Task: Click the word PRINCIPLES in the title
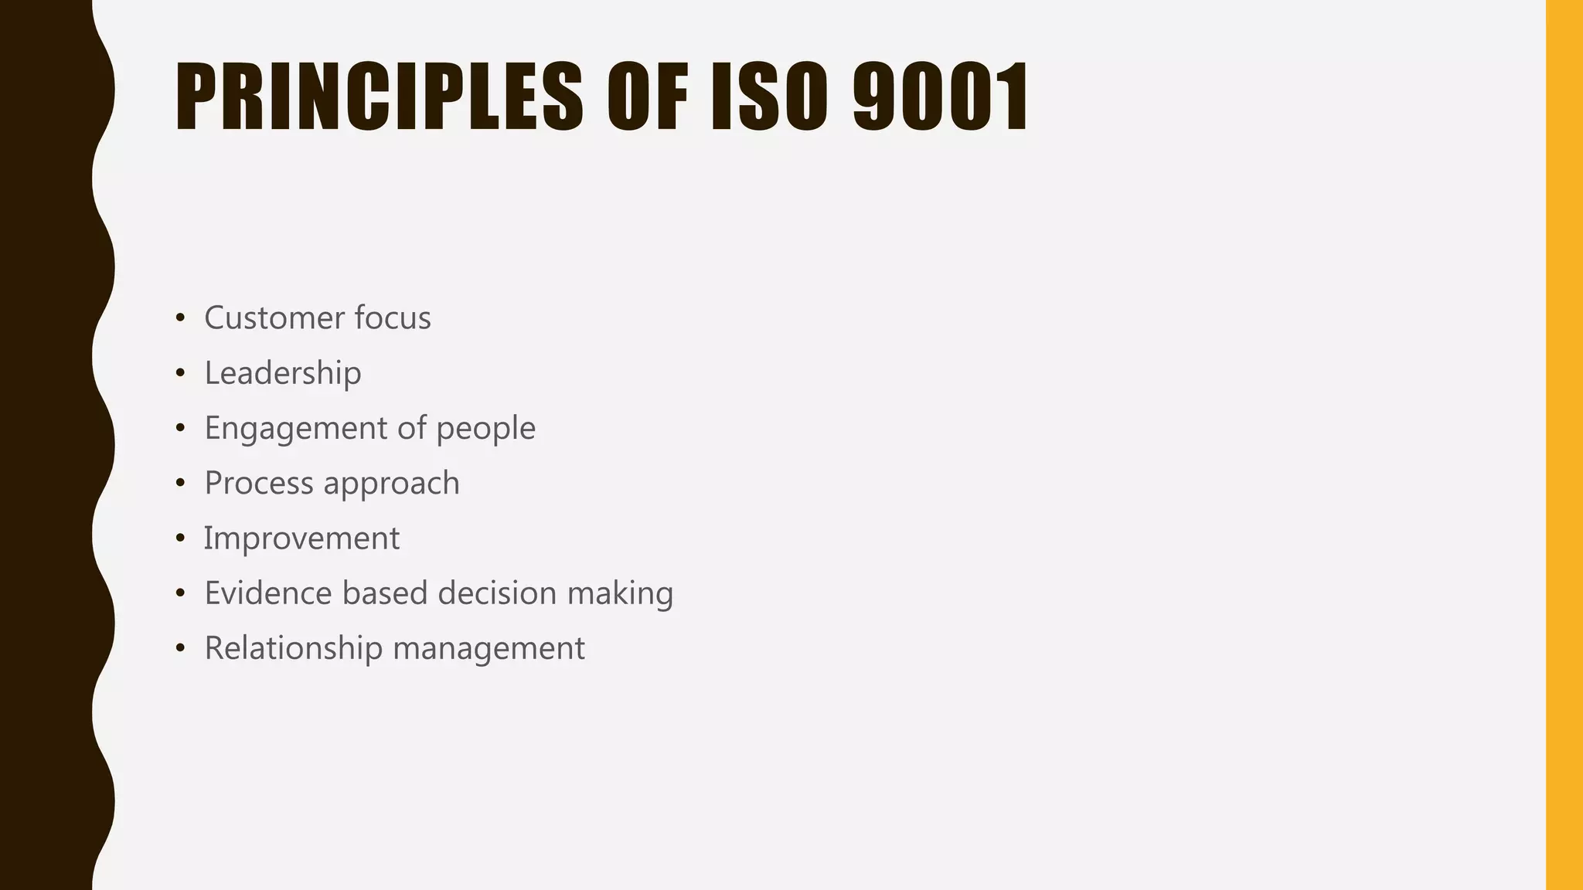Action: [379, 97]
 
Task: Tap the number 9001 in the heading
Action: [941, 97]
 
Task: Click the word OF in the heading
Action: [647, 97]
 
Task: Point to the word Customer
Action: [274, 318]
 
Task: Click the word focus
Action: [393, 318]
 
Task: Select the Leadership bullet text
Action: [283, 373]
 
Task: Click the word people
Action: [485, 429]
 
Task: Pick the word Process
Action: [259, 484]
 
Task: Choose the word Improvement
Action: [302, 538]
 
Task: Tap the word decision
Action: [497, 593]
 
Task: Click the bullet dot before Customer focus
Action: [180, 318]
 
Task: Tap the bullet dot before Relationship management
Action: [180, 648]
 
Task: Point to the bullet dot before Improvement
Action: [180, 538]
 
